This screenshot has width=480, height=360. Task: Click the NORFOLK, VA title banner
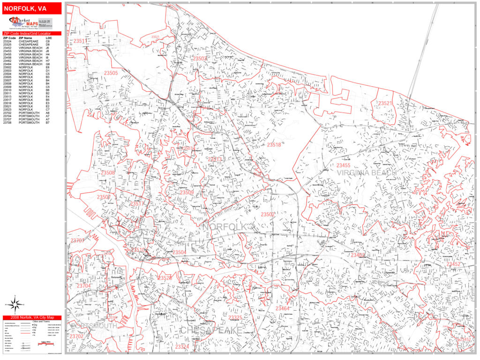click(31, 8)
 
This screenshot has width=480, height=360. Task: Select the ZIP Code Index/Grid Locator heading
click(31, 34)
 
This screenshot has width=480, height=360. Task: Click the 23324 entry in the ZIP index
click(7, 41)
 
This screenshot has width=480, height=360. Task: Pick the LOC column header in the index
click(49, 38)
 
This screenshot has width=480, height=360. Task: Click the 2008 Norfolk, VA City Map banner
click(31, 317)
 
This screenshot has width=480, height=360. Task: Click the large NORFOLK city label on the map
click(225, 227)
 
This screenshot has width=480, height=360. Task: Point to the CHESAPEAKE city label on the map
click(211, 330)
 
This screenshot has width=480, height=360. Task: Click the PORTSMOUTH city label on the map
click(93, 326)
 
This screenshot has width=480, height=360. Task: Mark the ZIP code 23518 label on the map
click(274, 145)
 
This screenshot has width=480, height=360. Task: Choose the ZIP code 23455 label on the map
click(343, 165)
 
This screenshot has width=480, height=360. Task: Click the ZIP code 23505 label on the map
click(111, 73)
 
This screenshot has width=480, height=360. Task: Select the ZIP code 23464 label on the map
click(283, 308)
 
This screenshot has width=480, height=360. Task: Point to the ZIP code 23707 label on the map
click(77, 241)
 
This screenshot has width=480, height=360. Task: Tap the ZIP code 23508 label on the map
click(107, 173)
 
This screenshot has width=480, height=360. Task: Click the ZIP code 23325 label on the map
click(235, 318)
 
